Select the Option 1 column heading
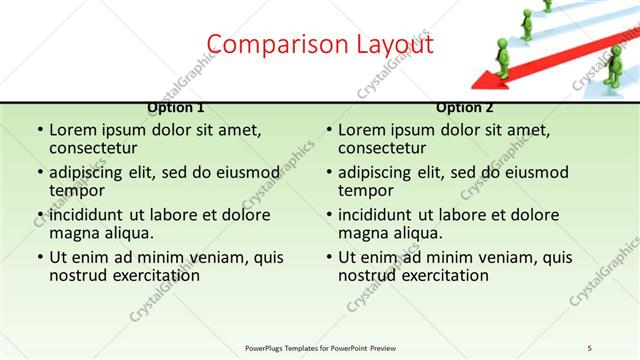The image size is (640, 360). click(x=176, y=107)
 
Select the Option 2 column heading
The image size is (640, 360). click(x=465, y=107)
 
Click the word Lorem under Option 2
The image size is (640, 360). click(x=362, y=130)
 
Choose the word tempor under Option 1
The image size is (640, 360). click(x=77, y=190)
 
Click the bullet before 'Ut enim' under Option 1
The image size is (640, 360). click(x=39, y=258)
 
